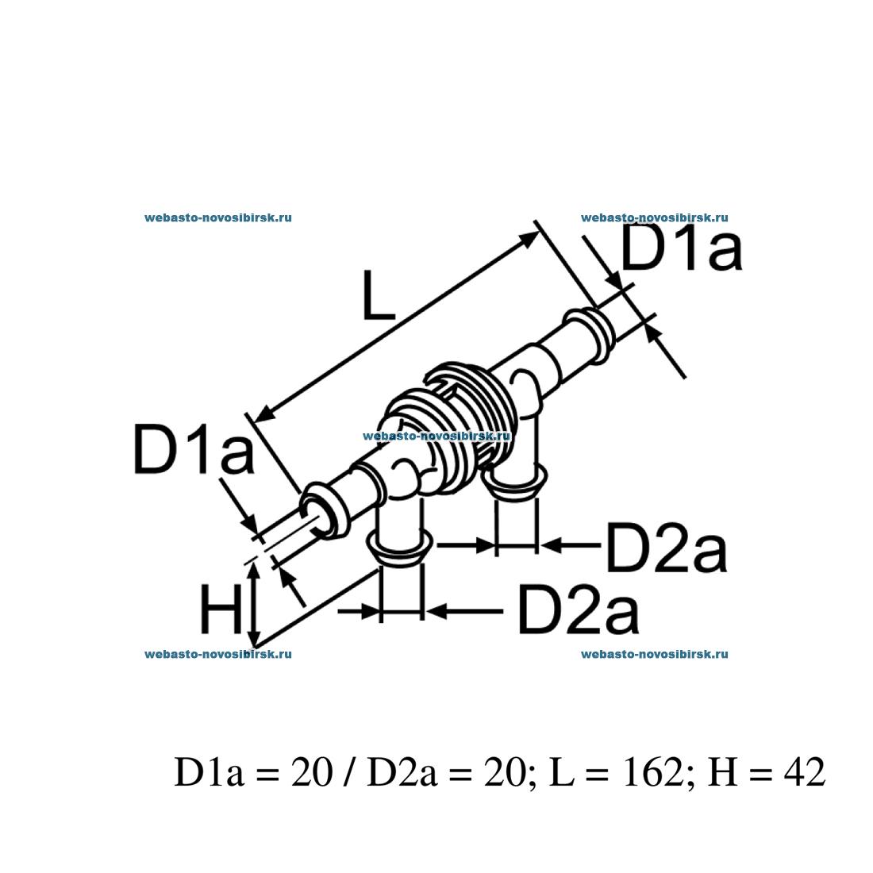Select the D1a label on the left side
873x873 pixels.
194,450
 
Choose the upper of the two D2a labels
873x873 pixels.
666,548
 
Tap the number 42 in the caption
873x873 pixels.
802,772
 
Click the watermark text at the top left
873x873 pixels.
218,217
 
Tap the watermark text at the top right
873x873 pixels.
655,217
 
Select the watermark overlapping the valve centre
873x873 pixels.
436,436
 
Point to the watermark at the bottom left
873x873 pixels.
218,655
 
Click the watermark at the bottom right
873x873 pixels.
655,655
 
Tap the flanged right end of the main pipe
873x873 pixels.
587,329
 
